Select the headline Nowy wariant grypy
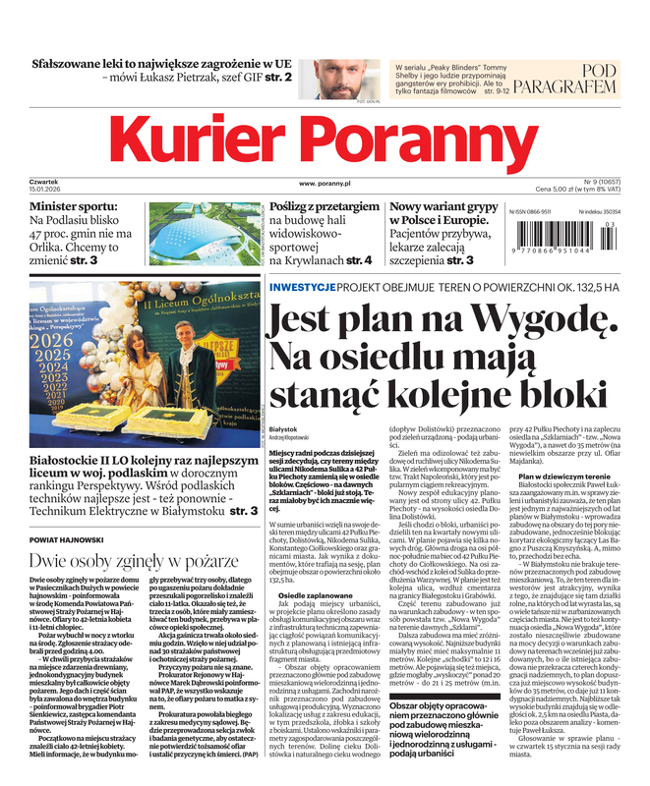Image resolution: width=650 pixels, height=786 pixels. (443, 208)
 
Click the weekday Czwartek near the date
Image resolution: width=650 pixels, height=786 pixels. (45, 182)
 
